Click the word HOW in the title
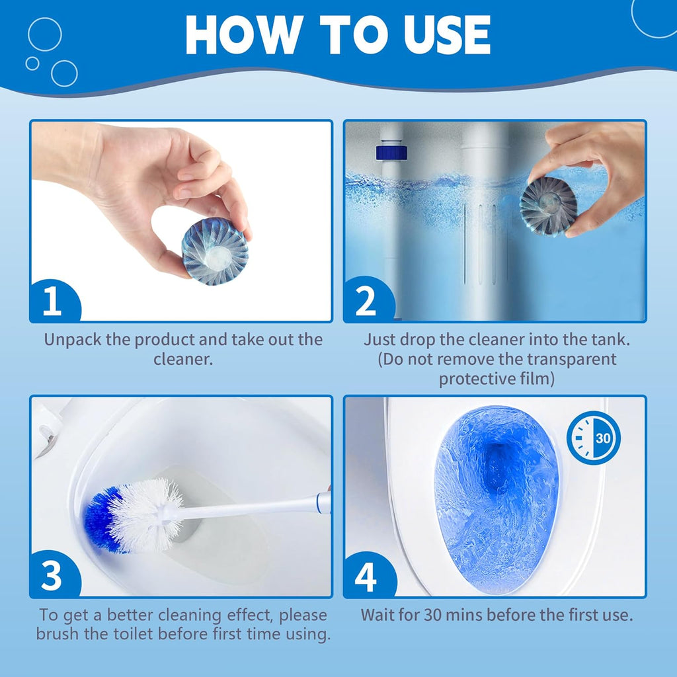click(x=239, y=34)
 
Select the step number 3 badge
click(x=52, y=577)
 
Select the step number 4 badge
click(x=366, y=577)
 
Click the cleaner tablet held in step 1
click(x=215, y=252)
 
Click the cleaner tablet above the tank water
click(x=548, y=206)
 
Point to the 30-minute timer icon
click(x=593, y=438)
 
